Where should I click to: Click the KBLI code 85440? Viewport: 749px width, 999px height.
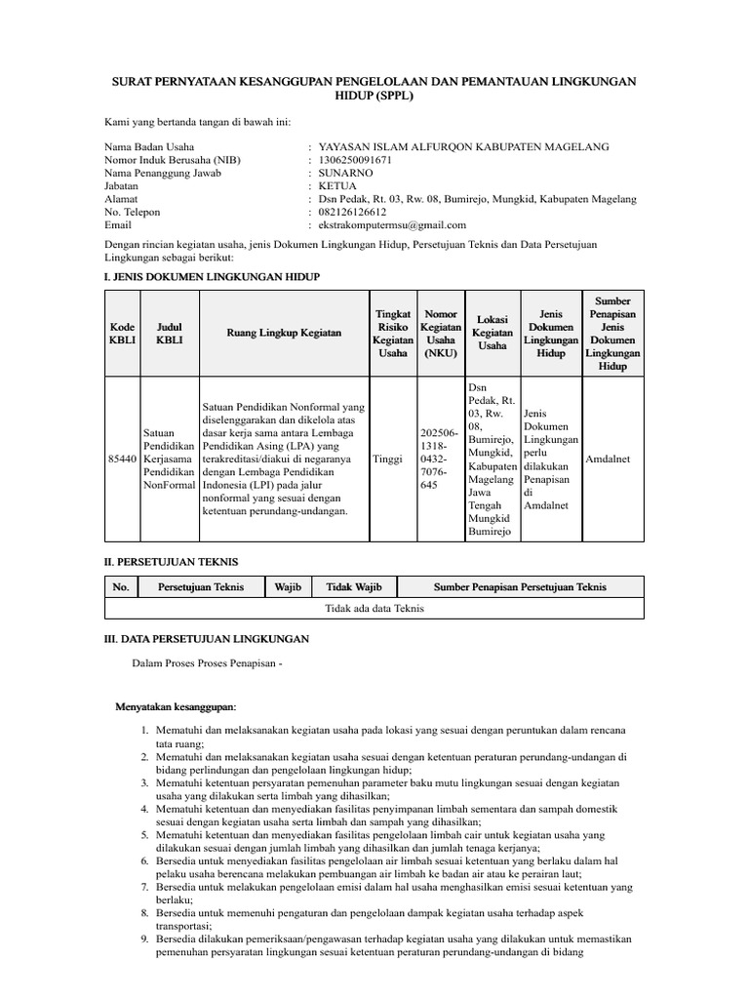[123, 458]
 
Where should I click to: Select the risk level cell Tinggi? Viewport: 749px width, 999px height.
[387, 458]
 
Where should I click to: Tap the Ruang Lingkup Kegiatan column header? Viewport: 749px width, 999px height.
[284, 333]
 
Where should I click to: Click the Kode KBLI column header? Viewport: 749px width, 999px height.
[123, 333]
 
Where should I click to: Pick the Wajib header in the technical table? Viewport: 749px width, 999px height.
[288, 586]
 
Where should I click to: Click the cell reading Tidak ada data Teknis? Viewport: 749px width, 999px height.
[374, 608]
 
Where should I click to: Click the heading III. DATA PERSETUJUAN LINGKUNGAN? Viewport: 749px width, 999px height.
[207, 638]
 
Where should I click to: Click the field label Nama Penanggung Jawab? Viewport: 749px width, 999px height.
[163, 173]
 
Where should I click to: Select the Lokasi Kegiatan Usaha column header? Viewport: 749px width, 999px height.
[493, 333]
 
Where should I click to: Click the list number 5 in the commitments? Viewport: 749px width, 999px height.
[144, 835]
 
